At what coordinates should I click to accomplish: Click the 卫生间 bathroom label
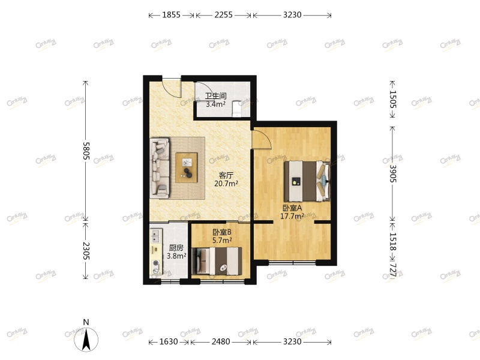[x=215, y=95]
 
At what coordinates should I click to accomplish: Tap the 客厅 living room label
[x=226, y=175]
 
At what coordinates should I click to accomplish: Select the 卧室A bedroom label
[x=292, y=208]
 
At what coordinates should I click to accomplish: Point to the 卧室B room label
[x=221, y=232]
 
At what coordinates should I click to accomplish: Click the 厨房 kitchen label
[x=176, y=247]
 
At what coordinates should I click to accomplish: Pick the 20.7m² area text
[x=226, y=184]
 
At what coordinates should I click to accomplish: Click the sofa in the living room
[x=160, y=167]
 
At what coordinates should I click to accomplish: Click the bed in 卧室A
[x=307, y=181]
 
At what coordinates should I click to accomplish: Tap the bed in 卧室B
[x=220, y=262]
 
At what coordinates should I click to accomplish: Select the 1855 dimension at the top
[x=171, y=15]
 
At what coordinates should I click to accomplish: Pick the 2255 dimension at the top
[x=223, y=15]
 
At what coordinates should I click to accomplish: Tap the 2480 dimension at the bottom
[x=221, y=342]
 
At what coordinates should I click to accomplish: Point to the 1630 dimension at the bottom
[x=169, y=342]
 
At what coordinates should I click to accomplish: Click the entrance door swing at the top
[x=173, y=88]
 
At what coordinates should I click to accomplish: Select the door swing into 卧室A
[x=261, y=139]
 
